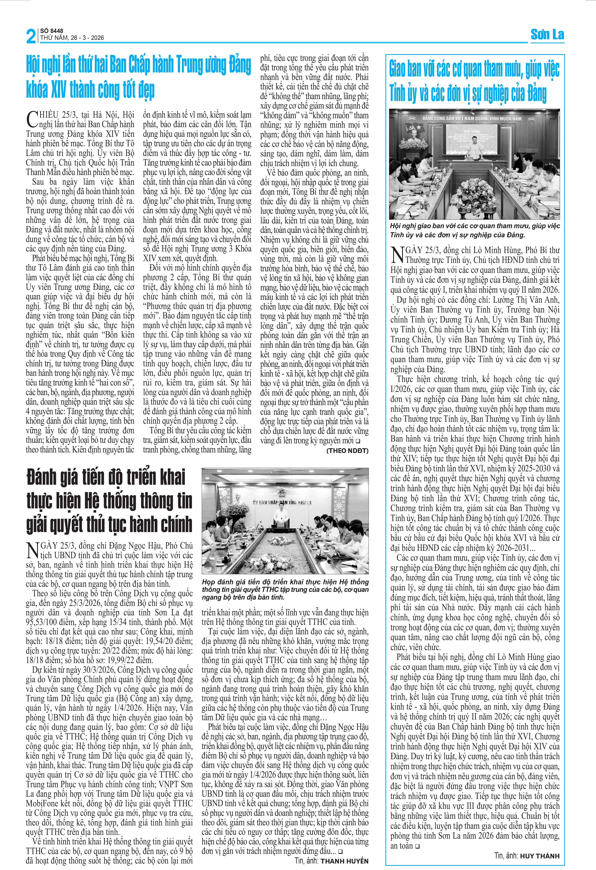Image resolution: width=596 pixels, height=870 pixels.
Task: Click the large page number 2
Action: tap(31, 36)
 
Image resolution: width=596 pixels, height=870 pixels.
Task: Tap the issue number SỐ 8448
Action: tap(52, 31)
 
